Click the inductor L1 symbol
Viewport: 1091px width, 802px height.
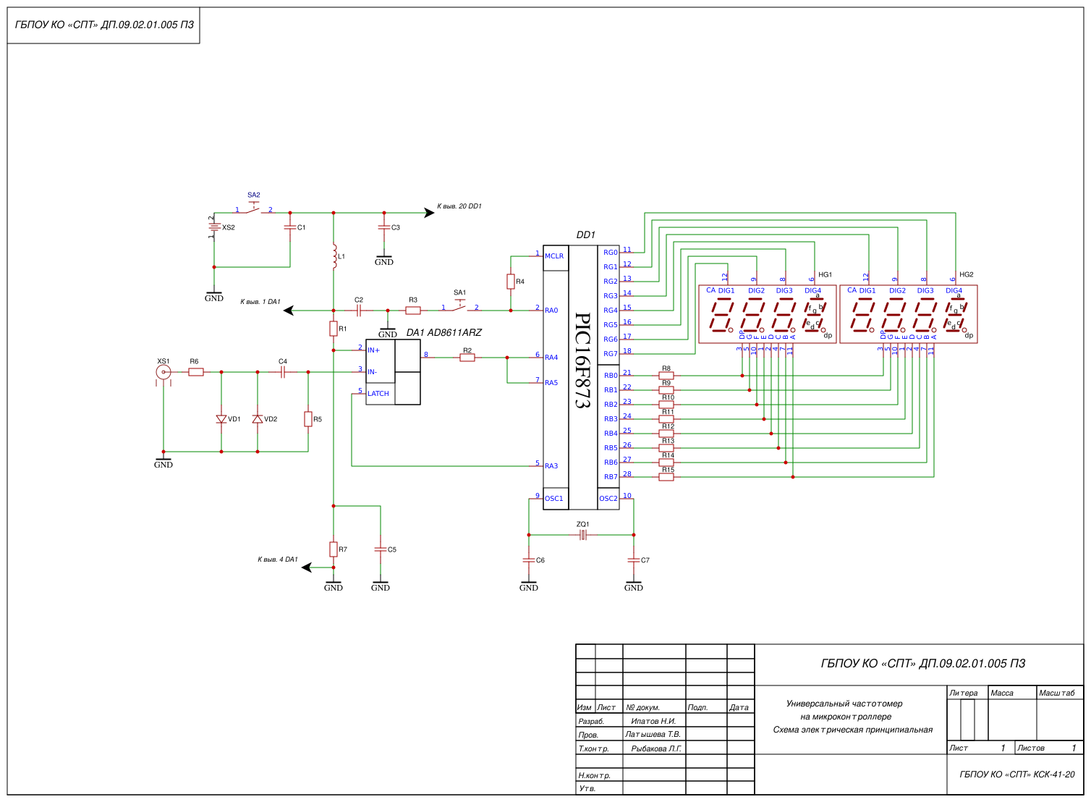(334, 256)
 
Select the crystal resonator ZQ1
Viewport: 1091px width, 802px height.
(582, 535)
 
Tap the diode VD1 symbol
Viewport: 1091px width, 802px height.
(221, 419)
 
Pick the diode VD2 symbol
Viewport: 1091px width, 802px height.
(258, 419)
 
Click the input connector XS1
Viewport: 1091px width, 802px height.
(164, 372)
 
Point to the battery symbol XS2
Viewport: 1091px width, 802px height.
(214, 227)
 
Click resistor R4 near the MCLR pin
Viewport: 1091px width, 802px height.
(511, 282)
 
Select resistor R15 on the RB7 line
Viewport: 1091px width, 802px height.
(666, 477)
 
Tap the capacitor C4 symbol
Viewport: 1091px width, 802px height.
(283, 372)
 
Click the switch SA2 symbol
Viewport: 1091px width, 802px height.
(253, 208)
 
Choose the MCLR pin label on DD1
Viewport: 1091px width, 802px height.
(554, 256)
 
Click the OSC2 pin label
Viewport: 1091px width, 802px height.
(608, 499)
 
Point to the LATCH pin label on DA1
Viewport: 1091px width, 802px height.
(378, 394)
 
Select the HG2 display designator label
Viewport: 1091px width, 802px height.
(967, 275)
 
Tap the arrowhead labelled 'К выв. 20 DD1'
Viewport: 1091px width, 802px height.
(428, 213)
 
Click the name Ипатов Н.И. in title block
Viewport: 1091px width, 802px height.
(653, 721)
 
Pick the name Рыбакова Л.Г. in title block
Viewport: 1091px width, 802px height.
(656, 748)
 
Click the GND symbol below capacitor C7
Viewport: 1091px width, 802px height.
(634, 585)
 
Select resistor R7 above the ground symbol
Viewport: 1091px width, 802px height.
(334, 549)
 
